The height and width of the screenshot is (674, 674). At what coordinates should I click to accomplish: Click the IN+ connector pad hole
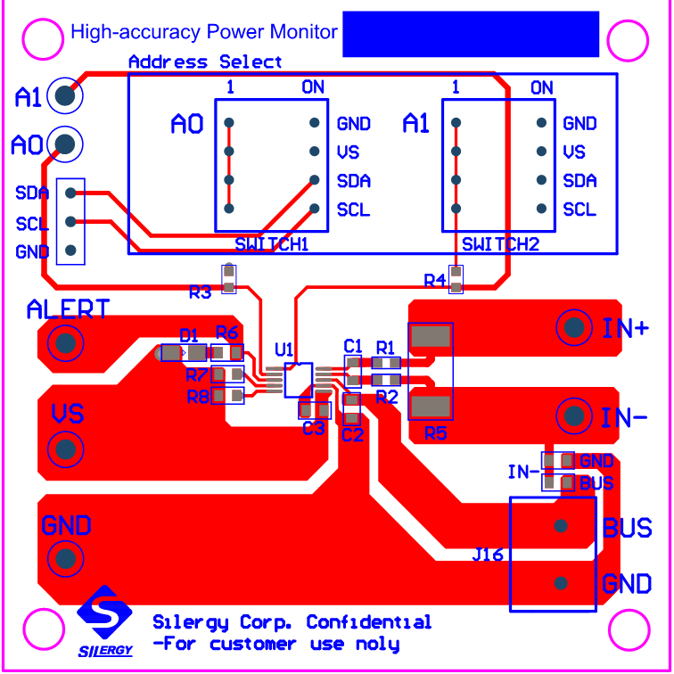click(574, 328)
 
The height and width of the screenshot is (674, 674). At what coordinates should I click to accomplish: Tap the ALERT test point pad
click(65, 341)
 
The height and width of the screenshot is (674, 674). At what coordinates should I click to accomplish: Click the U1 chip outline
click(299, 380)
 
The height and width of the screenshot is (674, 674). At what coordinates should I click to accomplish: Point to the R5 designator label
click(436, 434)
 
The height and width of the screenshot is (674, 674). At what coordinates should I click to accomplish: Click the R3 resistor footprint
click(229, 279)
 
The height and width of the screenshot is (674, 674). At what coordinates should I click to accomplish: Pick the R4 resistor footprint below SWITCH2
click(456, 279)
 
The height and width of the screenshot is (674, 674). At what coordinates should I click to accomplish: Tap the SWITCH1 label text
click(271, 244)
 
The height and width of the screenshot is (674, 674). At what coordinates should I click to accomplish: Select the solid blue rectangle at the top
click(470, 34)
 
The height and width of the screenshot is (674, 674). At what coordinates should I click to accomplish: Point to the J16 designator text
click(488, 555)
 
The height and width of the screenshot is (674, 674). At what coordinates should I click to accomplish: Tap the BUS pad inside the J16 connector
click(561, 526)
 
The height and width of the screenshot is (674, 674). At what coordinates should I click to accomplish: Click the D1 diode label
click(189, 336)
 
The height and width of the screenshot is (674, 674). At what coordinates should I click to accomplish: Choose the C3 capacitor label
click(313, 429)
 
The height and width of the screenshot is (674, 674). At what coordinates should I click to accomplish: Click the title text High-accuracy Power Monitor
click(204, 33)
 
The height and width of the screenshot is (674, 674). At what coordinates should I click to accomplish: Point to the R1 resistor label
click(385, 346)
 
